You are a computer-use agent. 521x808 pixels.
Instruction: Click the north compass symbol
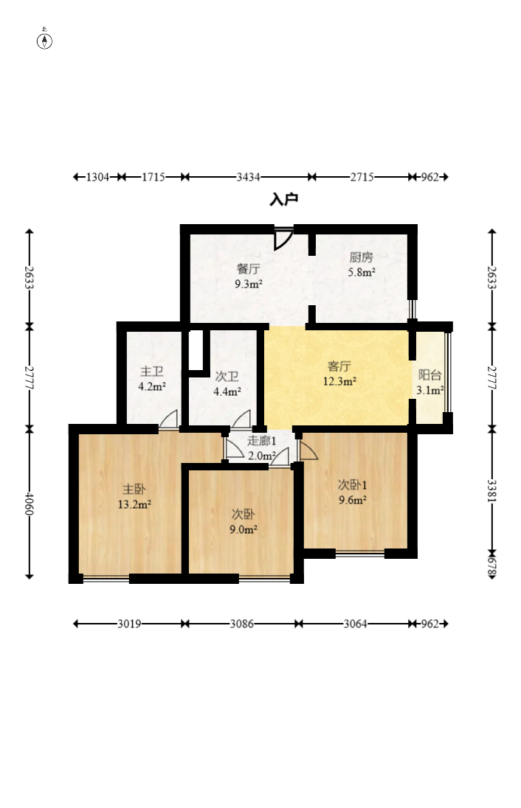click(x=45, y=39)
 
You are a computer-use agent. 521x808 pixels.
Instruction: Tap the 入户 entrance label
click(x=283, y=199)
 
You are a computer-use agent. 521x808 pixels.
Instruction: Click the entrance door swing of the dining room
click(x=283, y=239)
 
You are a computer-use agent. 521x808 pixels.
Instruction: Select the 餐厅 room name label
click(x=248, y=268)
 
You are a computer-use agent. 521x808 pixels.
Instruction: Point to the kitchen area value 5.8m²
click(x=361, y=272)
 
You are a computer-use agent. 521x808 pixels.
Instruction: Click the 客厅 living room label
click(x=339, y=366)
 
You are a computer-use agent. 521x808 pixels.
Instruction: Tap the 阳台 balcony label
click(x=429, y=375)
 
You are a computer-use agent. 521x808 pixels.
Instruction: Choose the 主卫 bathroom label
click(x=152, y=371)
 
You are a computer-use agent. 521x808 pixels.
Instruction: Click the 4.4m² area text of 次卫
click(x=227, y=391)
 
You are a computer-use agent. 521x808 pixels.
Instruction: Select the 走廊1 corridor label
click(x=261, y=441)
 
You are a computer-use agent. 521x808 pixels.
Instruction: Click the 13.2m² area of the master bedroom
click(x=134, y=504)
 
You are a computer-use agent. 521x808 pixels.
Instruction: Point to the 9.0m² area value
click(x=244, y=529)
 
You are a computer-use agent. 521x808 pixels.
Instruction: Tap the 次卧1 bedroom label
click(x=352, y=484)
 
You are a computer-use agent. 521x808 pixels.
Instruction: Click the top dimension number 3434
click(x=248, y=177)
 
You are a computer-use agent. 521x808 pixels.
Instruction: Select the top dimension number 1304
click(x=97, y=177)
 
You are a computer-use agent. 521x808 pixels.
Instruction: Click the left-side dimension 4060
click(x=30, y=504)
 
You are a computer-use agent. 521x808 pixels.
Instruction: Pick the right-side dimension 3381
click(x=492, y=490)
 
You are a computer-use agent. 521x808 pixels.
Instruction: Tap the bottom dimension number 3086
click(x=241, y=624)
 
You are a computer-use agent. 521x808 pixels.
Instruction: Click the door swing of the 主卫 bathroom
click(x=168, y=419)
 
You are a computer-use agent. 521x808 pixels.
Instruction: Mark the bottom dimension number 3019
click(x=129, y=624)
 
